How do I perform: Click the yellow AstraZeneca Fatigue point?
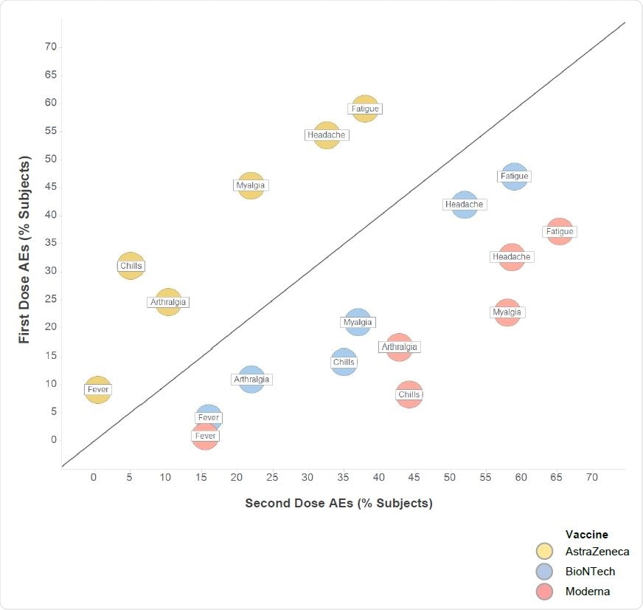tap(365, 109)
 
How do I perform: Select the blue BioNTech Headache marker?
tap(465, 205)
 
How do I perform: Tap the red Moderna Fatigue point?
tap(560, 232)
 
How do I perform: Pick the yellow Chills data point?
tap(131, 266)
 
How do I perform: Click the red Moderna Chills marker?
tap(409, 394)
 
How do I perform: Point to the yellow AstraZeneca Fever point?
tap(97, 389)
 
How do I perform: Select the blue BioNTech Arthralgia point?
tap(251, 380)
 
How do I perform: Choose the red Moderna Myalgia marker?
tap(507, 312)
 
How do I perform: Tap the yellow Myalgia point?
tap(251, 185)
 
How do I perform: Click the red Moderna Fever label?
tap(205, 436)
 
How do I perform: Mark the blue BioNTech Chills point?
tap(344, 362)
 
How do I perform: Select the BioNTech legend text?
tap(590, 571)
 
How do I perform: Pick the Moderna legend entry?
tap(587, 591)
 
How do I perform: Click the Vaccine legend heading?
tap(586, 534)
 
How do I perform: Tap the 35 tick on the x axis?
tap(344, 478)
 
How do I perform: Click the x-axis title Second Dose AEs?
tap(338, 504)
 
